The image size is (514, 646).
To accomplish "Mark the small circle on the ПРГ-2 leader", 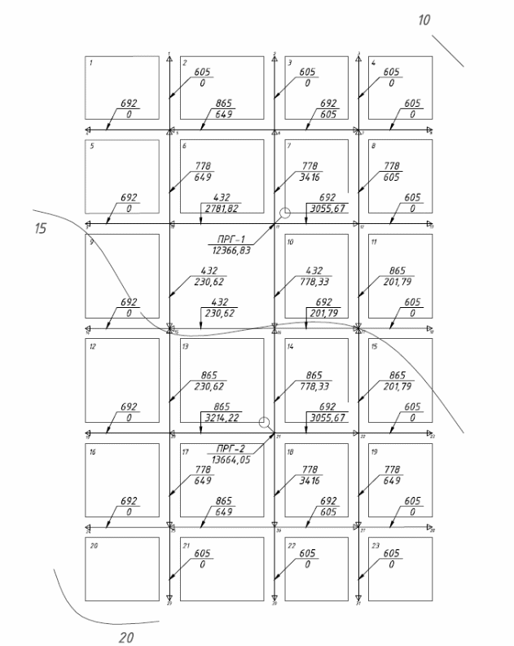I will pos(263,423).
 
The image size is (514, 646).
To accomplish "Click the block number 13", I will pos(186,346).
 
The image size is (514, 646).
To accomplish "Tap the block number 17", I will pos(186,450).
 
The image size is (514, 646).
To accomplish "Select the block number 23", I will pos(375,544).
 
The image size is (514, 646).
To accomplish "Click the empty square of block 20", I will pos(122,567).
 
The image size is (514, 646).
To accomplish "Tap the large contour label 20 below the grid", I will pos(126,637).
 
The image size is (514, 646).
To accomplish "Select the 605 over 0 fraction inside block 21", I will pos(201,559).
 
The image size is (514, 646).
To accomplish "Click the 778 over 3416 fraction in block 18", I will pos(308,476).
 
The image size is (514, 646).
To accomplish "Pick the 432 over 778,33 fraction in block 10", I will pos(308,275).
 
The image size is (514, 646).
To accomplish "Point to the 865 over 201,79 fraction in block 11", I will pos(392,275).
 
